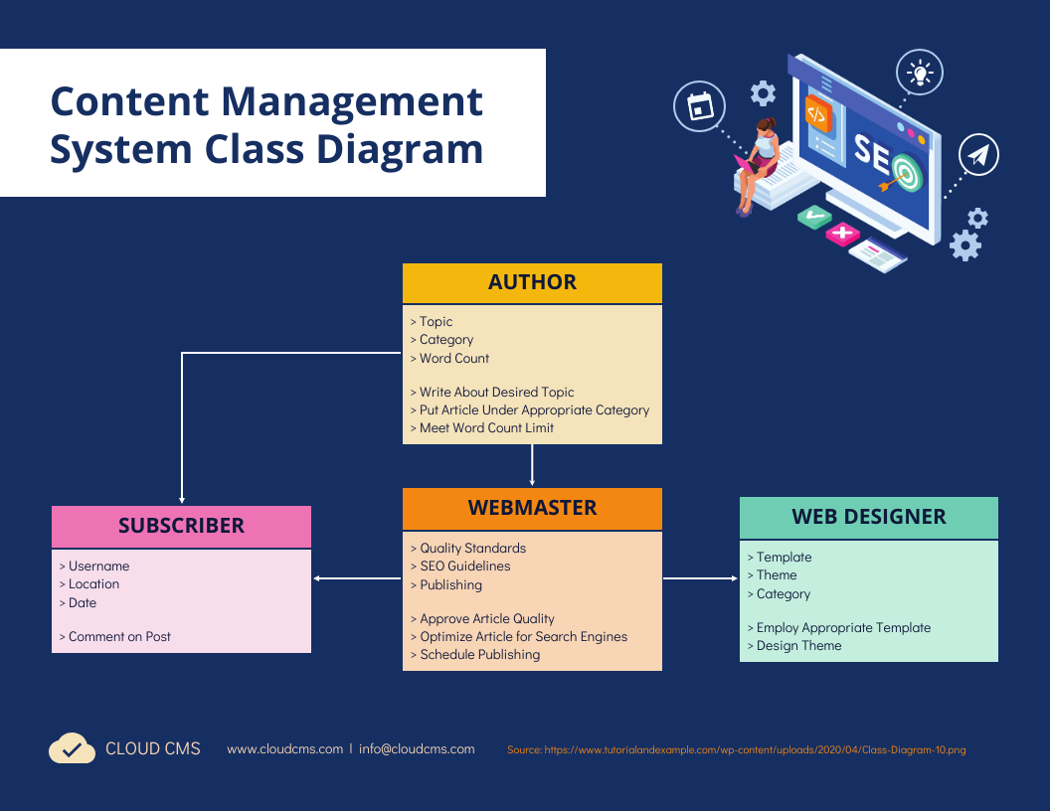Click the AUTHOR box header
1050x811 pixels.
pos(532,282)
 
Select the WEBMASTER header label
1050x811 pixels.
pos(532,508)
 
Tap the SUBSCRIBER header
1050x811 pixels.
pos(181,526)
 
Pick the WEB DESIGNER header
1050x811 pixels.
pos(868,517)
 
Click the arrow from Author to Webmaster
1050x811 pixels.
pos(532,465)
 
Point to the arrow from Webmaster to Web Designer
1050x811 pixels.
pos(700,577)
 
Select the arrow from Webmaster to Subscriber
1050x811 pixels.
pos(357,577)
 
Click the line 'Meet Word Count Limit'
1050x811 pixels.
pos(486,427)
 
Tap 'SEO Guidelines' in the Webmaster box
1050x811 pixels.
pos(464,566)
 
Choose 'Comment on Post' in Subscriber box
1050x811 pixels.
pos(119,636)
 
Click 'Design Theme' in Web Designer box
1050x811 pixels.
pos(798,645)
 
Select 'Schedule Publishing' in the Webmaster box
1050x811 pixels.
pos(479,654)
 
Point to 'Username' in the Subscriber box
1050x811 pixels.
pos(98,566)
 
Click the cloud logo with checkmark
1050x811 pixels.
pos(72,748)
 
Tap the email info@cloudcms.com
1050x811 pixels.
pos(417,748)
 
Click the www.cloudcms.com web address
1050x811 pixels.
pos(284,748)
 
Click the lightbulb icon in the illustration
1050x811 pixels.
pos(920,73)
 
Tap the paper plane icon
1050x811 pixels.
pos(979,155)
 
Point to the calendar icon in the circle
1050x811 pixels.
pos(700,105)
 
